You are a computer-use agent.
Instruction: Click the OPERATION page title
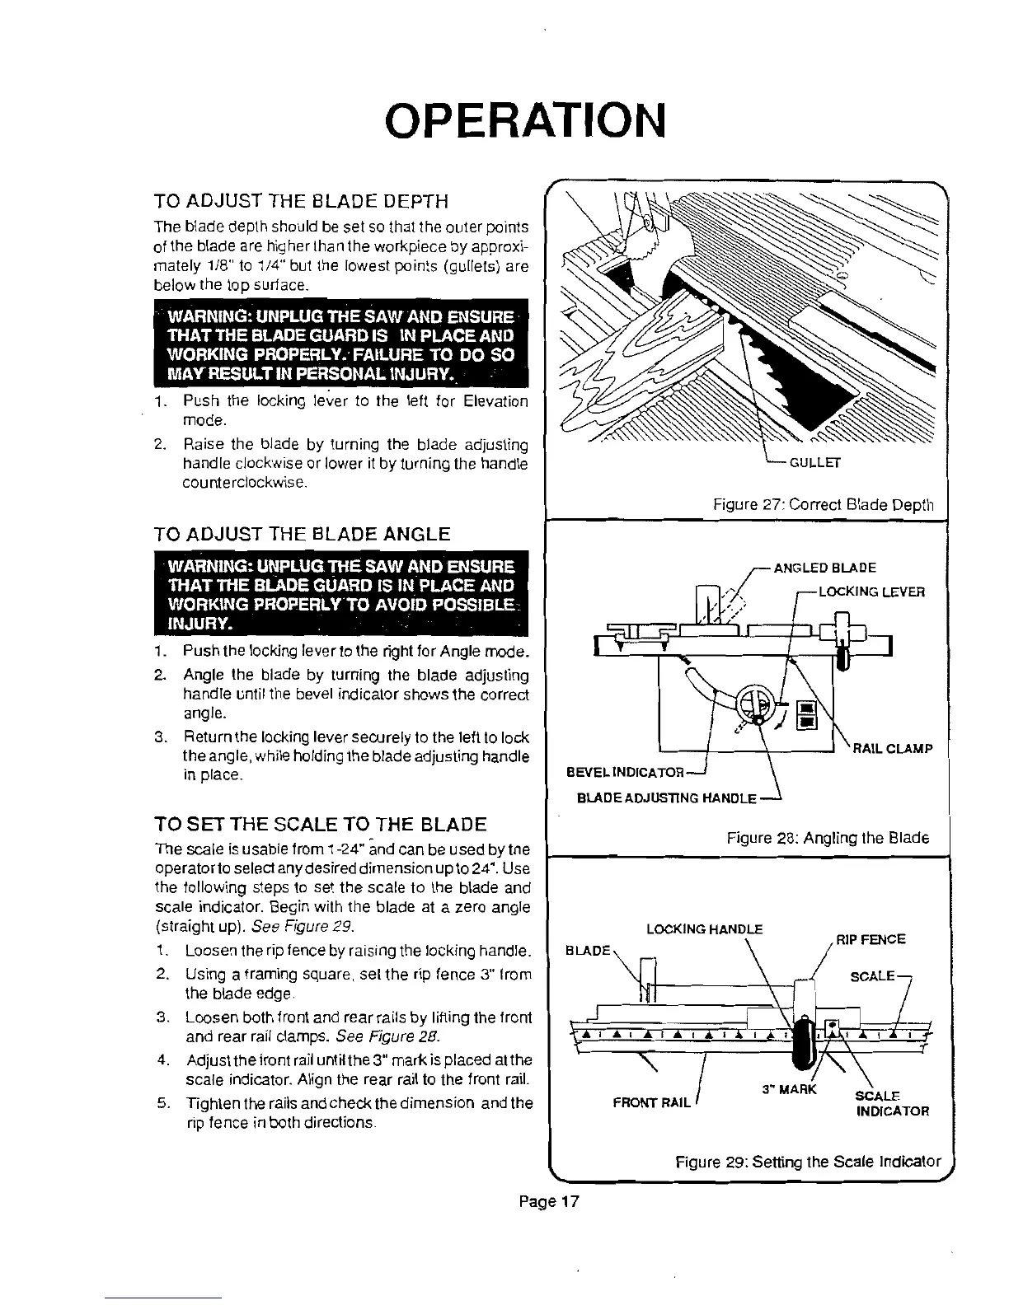point(524,121)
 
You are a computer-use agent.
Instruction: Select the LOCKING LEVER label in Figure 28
point(871,592)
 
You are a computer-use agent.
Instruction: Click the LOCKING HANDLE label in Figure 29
point(705,929)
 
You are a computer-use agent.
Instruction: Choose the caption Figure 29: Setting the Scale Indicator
point(808,1162)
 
